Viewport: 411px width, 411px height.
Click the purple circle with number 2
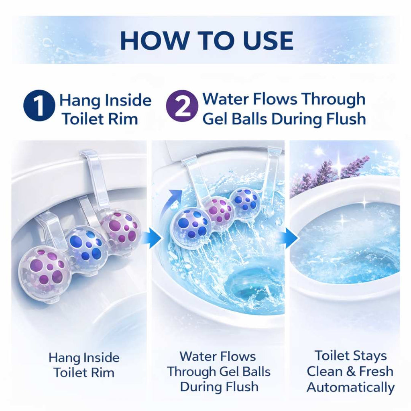point(182,106)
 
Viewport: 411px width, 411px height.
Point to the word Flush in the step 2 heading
point(346,119)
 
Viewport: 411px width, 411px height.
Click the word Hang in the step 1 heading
point(79,100)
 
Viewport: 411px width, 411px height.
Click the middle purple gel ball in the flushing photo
point(219,211)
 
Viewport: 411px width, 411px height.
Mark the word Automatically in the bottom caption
point(350,387)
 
